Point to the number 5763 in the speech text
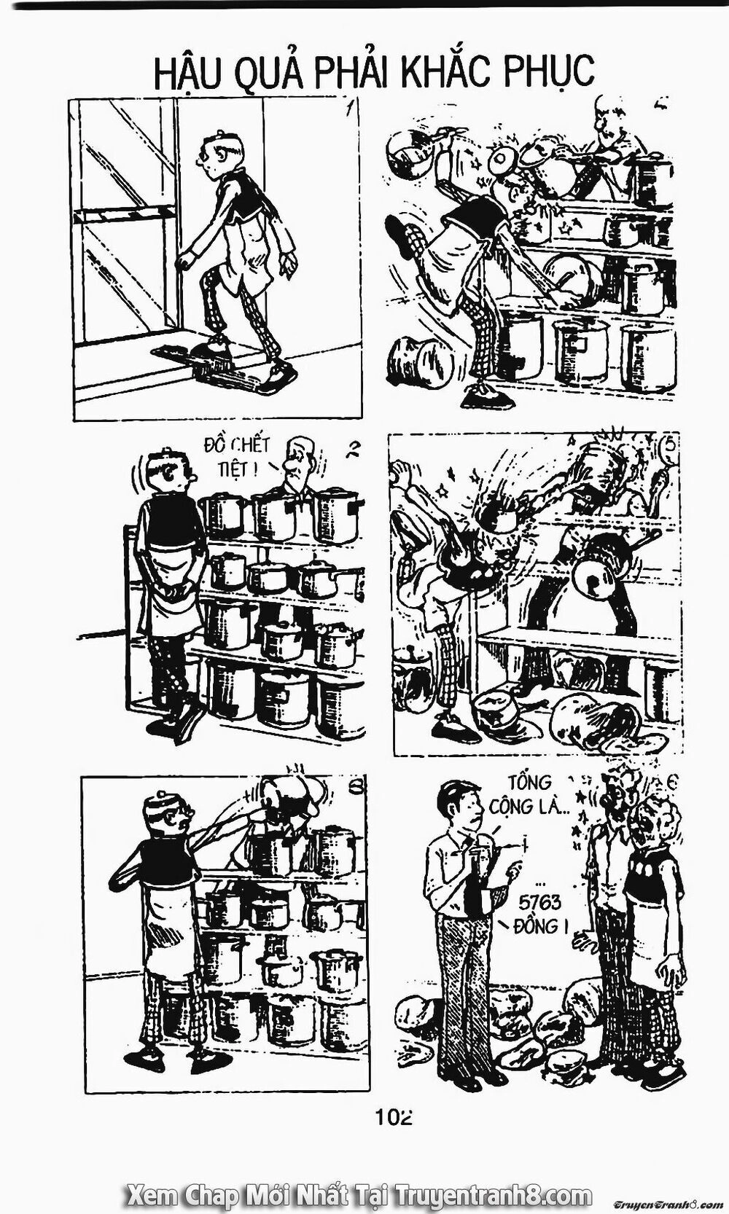point(541,903)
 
